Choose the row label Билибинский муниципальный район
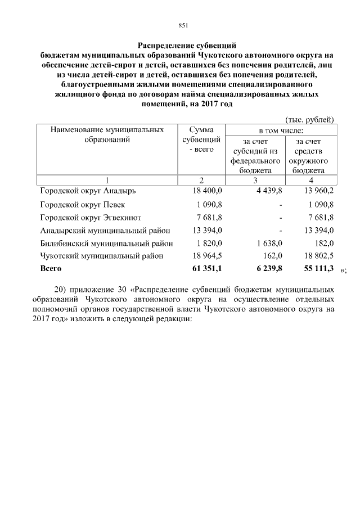[106, 243]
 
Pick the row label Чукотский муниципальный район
[102, 256]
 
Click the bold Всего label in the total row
[51, 269]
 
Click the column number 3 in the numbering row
[255, 180]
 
